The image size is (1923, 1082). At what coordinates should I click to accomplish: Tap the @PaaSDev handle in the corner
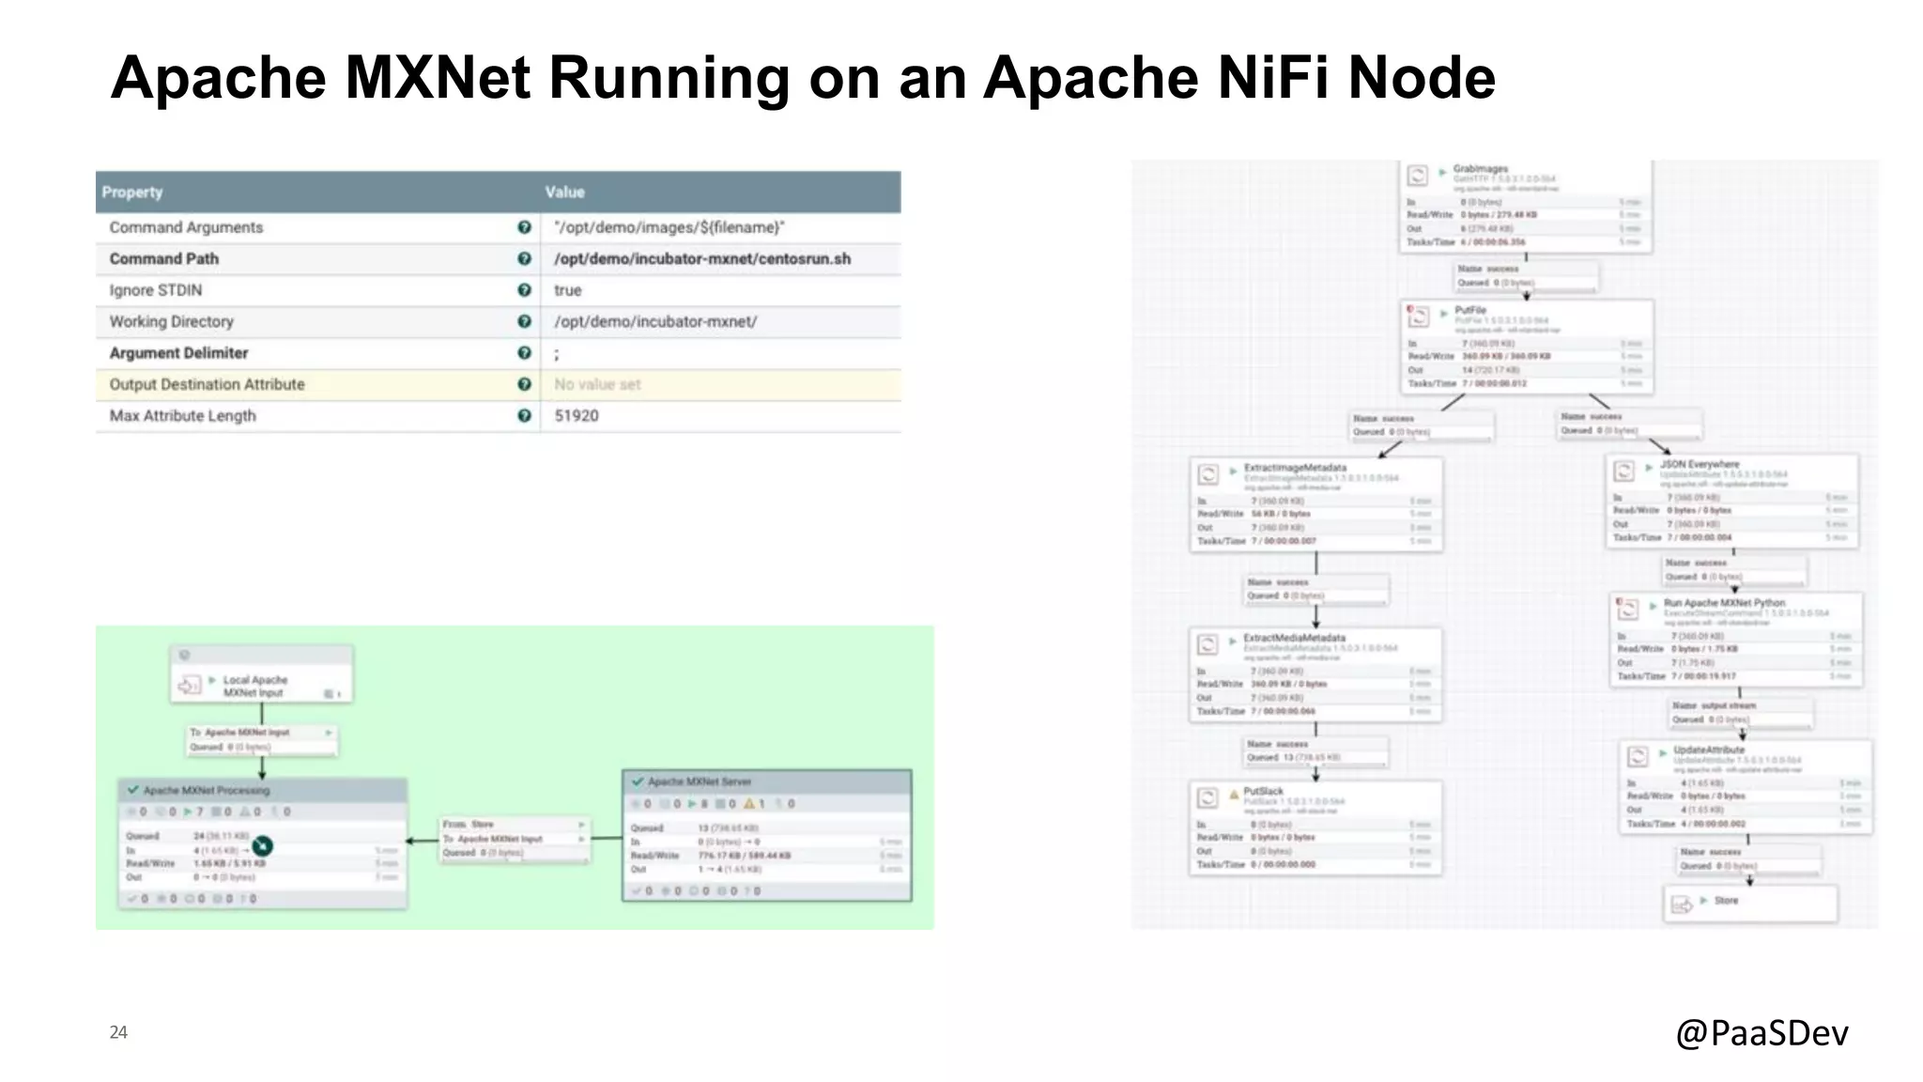[x=1761, y=1032]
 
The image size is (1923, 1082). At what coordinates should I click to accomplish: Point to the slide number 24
[x=118, y=1032]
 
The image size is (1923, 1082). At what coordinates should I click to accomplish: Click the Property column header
[x=132, y=192]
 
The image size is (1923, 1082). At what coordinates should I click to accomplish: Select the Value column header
[x=564, y=192]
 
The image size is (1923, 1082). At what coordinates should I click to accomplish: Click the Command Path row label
[x=164, y=258]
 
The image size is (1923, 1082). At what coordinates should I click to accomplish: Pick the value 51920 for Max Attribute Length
[x=576, y=415]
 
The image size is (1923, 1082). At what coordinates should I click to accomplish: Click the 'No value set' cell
[x=597, y=384]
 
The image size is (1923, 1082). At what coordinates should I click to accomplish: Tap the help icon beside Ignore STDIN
[x=524, y=290]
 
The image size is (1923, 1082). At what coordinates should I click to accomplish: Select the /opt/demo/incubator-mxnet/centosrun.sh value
[x=702, y=258]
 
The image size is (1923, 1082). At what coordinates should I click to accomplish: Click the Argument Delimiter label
[x=178, y=353]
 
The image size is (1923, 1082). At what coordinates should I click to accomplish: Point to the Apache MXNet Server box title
[x=700, y=781]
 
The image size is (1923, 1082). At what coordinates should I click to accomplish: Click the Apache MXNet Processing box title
[x=207, y=790]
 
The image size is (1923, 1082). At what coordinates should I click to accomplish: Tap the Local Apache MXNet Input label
[x=255, y=686]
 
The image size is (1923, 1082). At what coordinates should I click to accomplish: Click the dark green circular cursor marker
[x=262, y=847]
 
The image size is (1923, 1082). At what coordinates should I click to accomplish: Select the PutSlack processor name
[x=1263, y=791]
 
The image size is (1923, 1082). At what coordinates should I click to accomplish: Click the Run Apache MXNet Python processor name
[x=1724, y=603]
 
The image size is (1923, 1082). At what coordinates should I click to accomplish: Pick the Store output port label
[x=1726, y=900]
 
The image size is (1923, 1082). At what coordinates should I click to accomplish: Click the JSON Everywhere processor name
[x=1700, y=464]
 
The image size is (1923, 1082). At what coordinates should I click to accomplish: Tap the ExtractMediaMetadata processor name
[x=1294, y=638]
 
